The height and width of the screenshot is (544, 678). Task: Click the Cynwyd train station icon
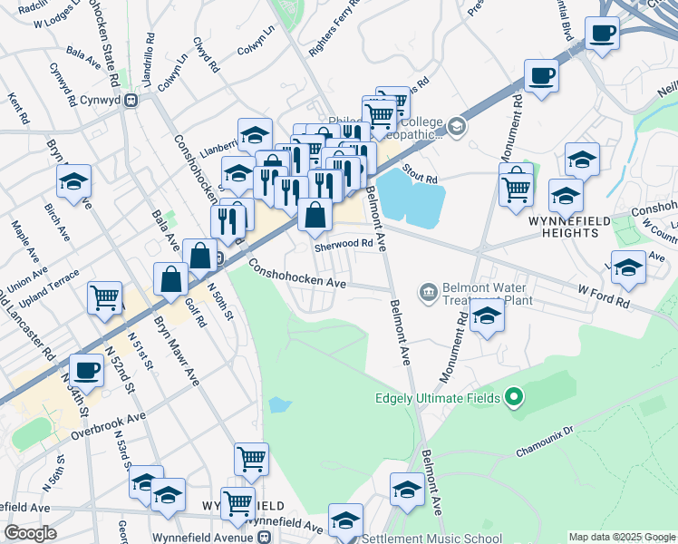pos(131,101)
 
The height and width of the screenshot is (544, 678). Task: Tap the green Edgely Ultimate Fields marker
pos(514,397)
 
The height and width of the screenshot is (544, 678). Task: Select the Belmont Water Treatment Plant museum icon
pos(427,292)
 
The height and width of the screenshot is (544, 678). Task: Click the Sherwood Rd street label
pos(344,244)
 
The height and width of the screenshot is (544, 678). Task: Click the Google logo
pos(30,533)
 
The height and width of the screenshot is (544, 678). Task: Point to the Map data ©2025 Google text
pos(621,537)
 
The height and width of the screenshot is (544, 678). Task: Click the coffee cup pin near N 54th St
pos(87,370)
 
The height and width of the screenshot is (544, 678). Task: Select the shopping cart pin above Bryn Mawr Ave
pos(105,296)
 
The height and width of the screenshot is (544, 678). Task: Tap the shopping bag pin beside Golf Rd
pos(170,278)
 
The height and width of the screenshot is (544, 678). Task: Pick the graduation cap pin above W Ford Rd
pos(628,267)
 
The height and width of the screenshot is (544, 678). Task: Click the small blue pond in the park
pos(280,403)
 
